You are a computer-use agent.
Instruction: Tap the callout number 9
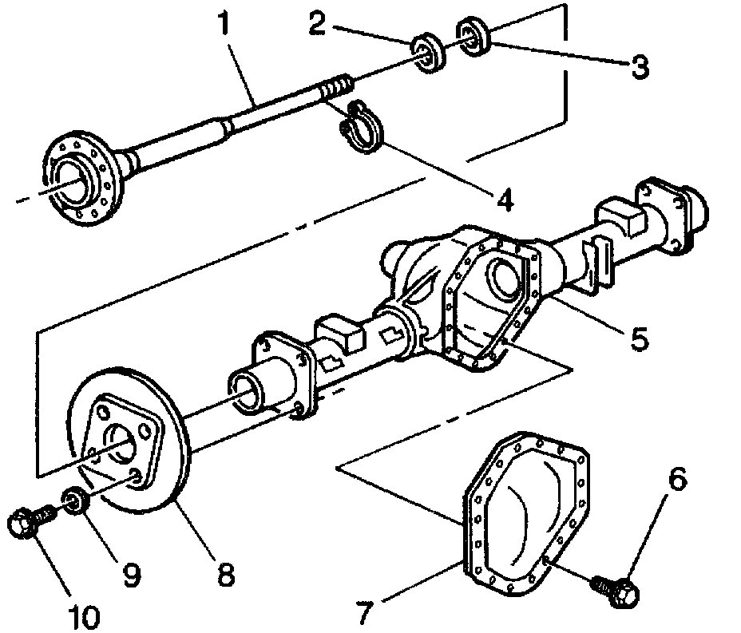click(x=133, y=572)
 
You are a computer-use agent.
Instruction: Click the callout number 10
click(x=84, y=615)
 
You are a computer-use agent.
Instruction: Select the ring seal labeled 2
click(x=430, y=53)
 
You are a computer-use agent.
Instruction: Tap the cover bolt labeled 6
click(x=616, y=591)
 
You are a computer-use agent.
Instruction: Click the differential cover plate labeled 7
click(x=527, y=511)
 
